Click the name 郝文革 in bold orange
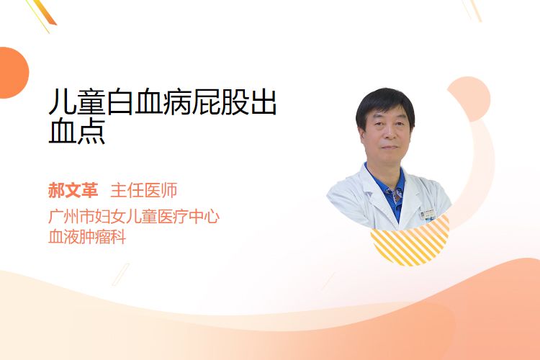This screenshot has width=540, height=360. pyautogui.click(x=73, y=190)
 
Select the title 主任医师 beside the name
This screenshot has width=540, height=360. pyautogui.click(x=143, y=190)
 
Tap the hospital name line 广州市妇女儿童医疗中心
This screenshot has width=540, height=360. pyautogui.click(x=134, y=216)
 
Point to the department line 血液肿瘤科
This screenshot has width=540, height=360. pyautogui.click(x=87, y=237)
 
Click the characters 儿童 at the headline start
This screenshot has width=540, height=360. pyautogui.click(x=77, y=102)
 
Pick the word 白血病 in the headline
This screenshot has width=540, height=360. pyautogui.click(x=148, y=102)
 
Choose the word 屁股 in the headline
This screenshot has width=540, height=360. pyautogui.click(x=220, y=102)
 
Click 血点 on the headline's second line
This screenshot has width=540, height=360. pyautogui.click(x=77, y=131)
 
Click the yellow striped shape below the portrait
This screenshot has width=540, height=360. pyautogui.click(x=410, y=242)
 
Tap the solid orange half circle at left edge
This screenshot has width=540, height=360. pyautogui.click(x=13, y=73)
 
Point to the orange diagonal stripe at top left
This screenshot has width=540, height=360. pyautogui.click(x=45, y=12)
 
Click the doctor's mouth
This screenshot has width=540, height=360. pyautogui.click(x=390, y=148)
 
